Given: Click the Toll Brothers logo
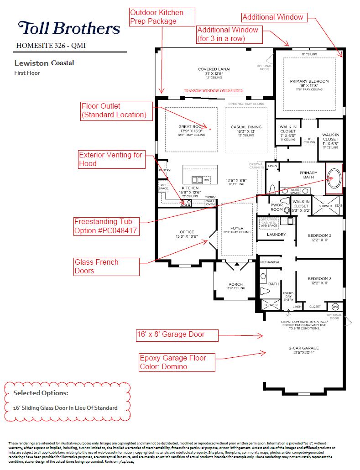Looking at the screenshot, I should point(69,28).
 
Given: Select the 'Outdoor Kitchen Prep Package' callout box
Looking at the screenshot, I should point(162,16).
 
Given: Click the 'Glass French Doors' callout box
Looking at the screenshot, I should point(106,266).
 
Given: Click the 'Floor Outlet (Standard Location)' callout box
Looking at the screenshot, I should point(116,111).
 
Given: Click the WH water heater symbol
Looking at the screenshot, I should point(335,306).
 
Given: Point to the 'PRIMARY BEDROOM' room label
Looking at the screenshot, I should point(309,81).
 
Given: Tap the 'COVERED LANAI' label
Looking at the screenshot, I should point(214,69).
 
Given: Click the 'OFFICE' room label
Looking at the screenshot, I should point(187,232).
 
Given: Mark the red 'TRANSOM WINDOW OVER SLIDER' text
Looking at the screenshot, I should point(213,91).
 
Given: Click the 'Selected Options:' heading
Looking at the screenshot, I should point(41,393).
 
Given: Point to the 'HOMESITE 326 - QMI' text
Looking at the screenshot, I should point(51,45).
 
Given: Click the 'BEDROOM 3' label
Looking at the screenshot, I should point(319,278).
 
